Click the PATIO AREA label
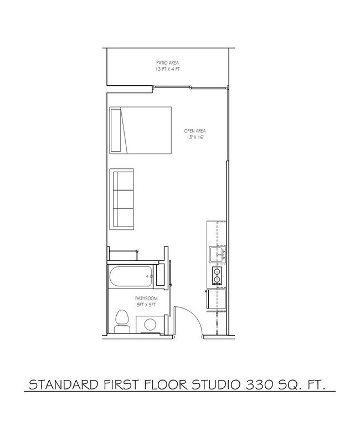pos(167,63)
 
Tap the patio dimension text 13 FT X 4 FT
pos(167,70)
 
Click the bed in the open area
pos(141,130)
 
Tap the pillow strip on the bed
pos(115,130)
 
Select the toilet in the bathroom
pos(121,322)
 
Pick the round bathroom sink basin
pos(150,325)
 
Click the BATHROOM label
pos(142,299)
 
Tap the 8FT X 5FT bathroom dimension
pos(142,305)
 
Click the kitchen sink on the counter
pos(217,255)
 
